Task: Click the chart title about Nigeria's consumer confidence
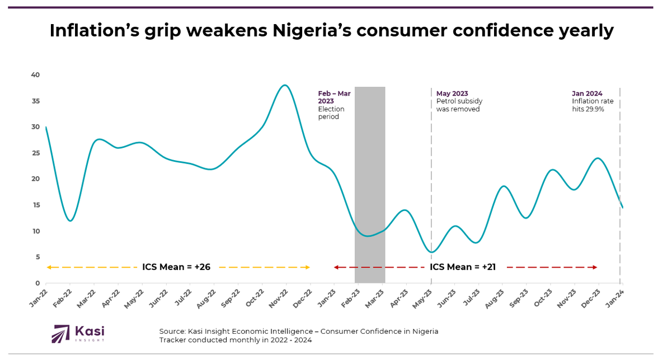(x=331, y=31)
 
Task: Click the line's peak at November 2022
(x=285, y=85)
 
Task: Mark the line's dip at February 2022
(x=70, y=221)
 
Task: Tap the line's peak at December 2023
(x=598, y=158)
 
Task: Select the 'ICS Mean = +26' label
(x=176, y=267)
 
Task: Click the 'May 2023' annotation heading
(x=452, y=93)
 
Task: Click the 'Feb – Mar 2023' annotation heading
(x=334, y=97)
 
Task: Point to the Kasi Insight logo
(x=78, y=333)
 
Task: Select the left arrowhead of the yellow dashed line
(x=49, y=268)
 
